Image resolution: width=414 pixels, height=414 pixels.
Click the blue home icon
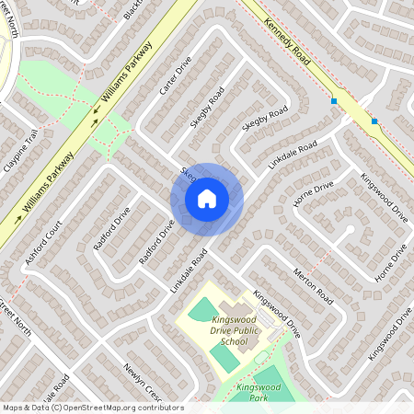[206, 199]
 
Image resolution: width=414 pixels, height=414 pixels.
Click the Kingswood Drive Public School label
[223, 329]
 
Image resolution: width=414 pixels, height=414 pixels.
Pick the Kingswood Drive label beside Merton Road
[277, 314]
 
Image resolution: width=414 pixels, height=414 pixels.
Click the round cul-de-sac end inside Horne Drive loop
[349, 230]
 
